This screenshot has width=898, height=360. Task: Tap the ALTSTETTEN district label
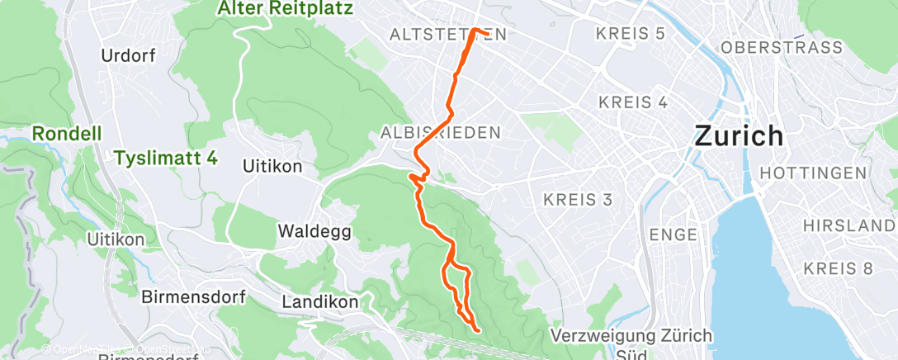tap(447, 35)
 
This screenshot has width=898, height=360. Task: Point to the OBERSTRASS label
tap(782, 48)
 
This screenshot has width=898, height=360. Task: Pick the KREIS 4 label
tap(633, 102)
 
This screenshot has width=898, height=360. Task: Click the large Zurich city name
tap(739, 135)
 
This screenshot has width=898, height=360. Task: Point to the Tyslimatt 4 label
tap(166, 157)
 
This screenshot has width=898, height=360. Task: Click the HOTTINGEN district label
tap(813, 173)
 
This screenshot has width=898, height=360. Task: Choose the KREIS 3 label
tap(578, 199)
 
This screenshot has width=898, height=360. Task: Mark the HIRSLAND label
tap(849, 225)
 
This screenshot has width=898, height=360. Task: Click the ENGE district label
tap(673, 234)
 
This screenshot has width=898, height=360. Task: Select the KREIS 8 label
tap(839, 268)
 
